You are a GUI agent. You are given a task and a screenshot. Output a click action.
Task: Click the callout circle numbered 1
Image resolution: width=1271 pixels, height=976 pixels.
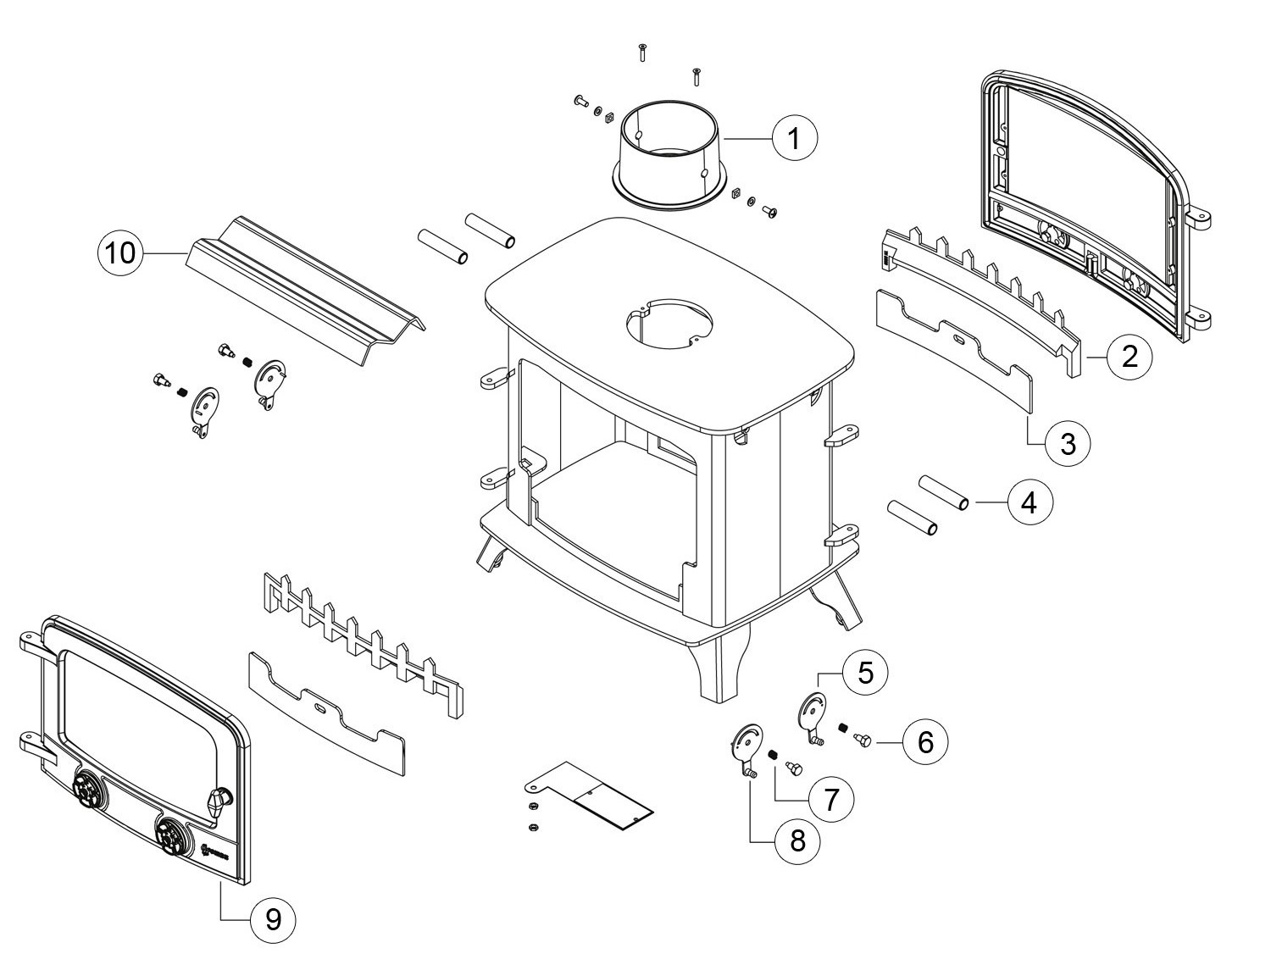coord(794,137)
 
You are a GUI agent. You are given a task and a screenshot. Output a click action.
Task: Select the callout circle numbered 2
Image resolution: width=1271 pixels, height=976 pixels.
coord(1129,357)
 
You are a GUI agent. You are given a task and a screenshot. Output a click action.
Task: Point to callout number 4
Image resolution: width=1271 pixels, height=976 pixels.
coord(1029,502)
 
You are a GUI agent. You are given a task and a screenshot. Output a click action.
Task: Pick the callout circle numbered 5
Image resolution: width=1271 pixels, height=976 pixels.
coord(864,673)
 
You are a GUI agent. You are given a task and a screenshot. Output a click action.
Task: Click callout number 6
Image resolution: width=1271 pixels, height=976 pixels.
coord(924,742)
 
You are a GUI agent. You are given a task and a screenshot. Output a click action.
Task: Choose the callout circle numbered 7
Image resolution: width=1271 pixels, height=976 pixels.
coord(830,798)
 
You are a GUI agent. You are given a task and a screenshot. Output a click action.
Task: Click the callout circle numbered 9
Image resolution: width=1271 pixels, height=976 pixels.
coord(273,919)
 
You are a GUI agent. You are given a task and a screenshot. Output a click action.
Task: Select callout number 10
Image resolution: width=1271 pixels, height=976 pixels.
coord(121,252)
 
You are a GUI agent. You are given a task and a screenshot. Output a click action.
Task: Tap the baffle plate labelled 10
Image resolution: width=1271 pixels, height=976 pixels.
coord(305,292)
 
